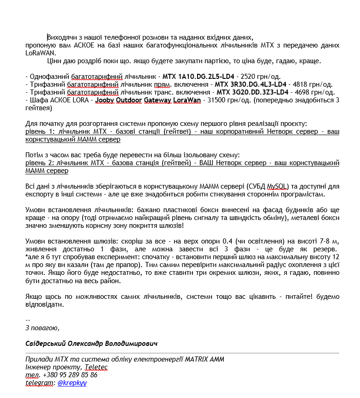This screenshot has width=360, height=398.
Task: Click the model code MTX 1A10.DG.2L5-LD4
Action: (x=198, y=76)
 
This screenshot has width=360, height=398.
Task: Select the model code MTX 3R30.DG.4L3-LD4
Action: (x=251, y=84)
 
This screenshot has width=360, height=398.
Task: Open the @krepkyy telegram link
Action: (x=72, y=383)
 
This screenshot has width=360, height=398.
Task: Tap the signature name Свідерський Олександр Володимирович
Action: (x=91, y=344)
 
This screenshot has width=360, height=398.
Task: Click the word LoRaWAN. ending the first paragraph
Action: (x=41, y=53)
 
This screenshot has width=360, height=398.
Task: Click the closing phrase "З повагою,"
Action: (x=42, y=328)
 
